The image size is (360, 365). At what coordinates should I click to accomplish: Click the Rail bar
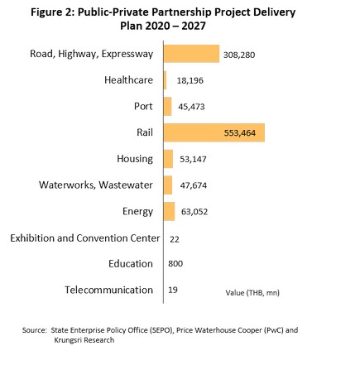tap(214, 132)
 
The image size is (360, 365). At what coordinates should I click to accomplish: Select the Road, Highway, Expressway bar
tap(191, 54)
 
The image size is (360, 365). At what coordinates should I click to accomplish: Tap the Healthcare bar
tap(165, 80)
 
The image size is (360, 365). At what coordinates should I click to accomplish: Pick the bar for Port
tap(167, 107)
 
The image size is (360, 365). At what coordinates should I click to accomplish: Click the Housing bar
tap(168, 159)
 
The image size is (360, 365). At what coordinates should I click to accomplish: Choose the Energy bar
tap(169, 212)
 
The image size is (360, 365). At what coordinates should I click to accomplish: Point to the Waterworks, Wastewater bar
tap(168, 185)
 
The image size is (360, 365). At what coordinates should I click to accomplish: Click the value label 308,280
tap(239, 55)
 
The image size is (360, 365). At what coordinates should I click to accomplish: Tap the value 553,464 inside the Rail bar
tap(240, 133)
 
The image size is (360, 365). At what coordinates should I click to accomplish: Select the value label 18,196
tap(190, 80)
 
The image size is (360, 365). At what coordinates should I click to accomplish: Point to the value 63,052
tap(194, 212)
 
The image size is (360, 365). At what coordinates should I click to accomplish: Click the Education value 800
tap(175, 263)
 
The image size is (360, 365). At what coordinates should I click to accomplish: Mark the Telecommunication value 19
tap(173, 290)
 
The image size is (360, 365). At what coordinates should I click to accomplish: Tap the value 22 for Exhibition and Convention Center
tap(175, 239)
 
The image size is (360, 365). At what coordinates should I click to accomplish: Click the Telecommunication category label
tap(108, 290)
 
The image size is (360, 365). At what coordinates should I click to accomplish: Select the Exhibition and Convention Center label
tap(85, 238)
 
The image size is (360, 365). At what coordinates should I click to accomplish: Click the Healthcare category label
tap(128, 80)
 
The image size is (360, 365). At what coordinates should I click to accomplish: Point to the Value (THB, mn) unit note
tap(252, 293)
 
